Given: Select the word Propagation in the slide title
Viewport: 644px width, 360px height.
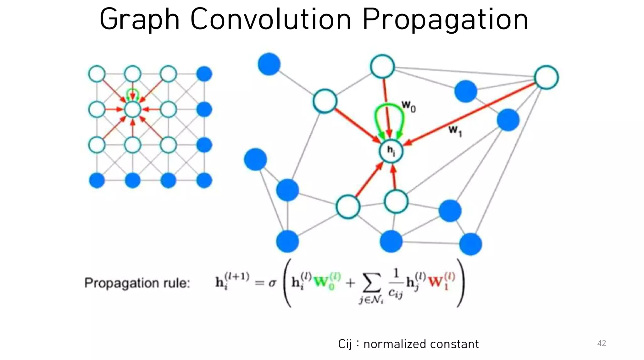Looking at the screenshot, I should coord(445,19).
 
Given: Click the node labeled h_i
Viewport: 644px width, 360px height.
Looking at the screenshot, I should coord(391,151).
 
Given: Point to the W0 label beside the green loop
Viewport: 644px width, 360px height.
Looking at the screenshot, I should coord(408,106).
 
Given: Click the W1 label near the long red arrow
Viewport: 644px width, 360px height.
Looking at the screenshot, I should coord(455,130).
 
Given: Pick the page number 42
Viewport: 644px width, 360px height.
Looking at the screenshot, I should coord(601,343).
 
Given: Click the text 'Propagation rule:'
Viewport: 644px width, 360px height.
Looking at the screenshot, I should coord(137,283).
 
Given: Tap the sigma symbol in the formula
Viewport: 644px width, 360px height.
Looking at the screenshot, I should coord(272,283).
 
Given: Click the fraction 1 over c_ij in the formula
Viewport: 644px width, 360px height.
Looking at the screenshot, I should coord(396,283).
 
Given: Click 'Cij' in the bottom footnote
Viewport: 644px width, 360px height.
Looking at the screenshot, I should coord(345,344).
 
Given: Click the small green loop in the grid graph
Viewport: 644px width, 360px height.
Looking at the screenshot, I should coord(132,93).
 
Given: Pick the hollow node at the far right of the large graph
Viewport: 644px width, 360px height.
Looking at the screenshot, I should coord(546,77).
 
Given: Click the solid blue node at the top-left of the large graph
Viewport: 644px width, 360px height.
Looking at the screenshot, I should coord(269,64).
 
